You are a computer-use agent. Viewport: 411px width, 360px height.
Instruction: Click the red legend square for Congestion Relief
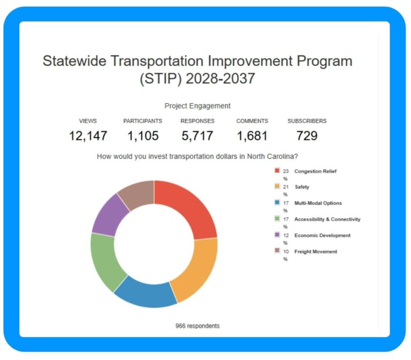click(277, 171)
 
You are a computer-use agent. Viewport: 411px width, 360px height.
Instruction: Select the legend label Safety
click(302, 187)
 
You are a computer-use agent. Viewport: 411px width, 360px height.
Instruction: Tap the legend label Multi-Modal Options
click(318, 203)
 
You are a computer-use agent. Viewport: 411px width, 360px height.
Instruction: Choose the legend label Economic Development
click(322, 235)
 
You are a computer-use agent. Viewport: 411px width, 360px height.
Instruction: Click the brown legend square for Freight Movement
click(277, 251)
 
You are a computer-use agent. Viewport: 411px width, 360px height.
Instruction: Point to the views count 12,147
click(88, 136)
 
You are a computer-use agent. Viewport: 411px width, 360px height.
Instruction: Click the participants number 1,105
click(143, 136)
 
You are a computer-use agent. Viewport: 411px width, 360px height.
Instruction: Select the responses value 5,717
click(197, 136)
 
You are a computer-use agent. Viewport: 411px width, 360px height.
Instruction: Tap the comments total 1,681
click(252, 136)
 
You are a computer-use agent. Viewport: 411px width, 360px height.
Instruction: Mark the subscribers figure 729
click(307, 136)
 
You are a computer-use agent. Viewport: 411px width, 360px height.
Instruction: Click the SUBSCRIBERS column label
click(307, 121)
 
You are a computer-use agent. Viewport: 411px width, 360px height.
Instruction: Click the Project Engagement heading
click(197, 106)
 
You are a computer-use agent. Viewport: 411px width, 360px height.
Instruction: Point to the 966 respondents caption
click(197, 326)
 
